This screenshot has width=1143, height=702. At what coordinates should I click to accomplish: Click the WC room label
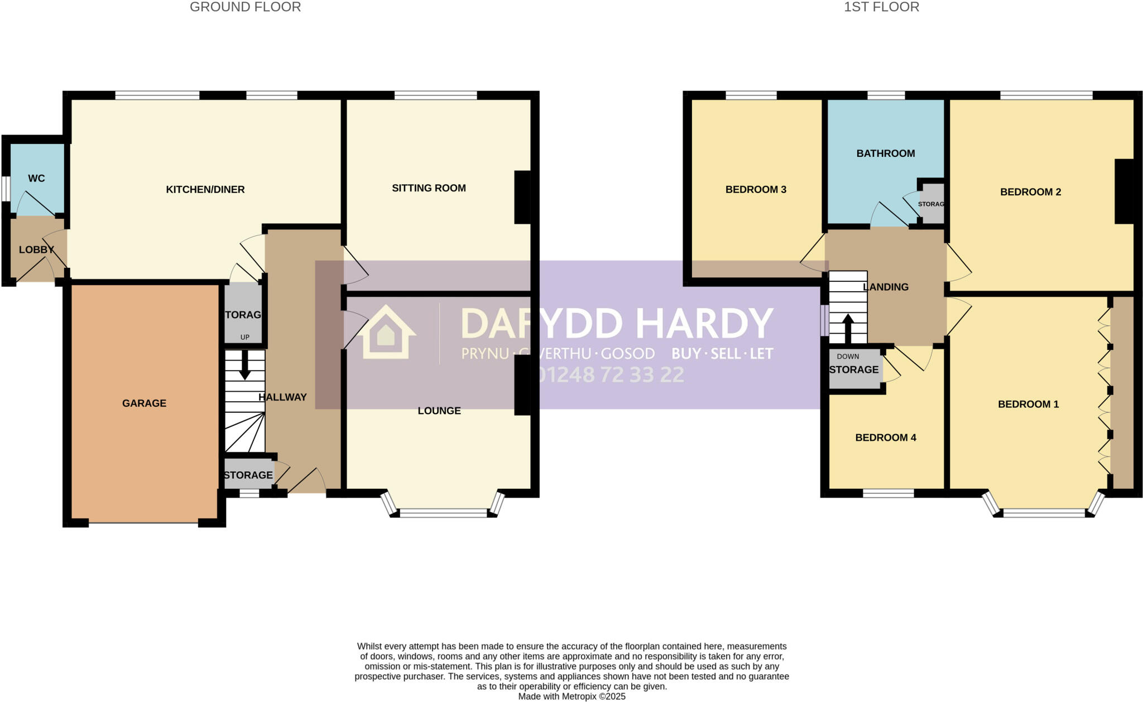tap(36, 179)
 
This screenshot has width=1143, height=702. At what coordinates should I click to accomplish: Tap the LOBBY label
tap(36, 249)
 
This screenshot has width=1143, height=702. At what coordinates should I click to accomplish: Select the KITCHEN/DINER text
tap(205, 190)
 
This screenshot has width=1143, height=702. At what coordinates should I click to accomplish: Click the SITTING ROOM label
tap(429, 188)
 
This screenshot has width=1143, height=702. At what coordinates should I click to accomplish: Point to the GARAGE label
tap(144, 403)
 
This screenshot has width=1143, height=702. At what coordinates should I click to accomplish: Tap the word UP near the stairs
tap(244, 337)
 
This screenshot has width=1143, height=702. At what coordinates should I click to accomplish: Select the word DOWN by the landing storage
tap(848, 357)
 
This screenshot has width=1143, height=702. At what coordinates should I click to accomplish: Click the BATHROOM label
tap(886, 153)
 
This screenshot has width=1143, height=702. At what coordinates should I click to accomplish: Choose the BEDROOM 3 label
tap(756, 190)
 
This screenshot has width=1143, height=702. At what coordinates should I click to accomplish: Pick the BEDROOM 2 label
tap(1030, 192)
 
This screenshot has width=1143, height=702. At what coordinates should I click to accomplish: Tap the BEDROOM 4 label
tap(886, 437)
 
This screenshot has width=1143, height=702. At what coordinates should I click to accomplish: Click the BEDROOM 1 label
tap(1028, 404)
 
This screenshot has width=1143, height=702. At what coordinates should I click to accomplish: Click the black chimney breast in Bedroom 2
tap(1124, 191)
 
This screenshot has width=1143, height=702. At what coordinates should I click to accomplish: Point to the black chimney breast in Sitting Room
tap(522, 197)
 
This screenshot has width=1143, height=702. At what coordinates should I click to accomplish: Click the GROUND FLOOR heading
tap(245, 7)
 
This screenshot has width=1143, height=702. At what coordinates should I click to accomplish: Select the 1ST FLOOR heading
tap(881, 7)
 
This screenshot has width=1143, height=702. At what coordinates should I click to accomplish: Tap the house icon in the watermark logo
tap(386, 333)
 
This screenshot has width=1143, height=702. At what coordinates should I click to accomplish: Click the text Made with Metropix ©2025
tap(571, 696)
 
